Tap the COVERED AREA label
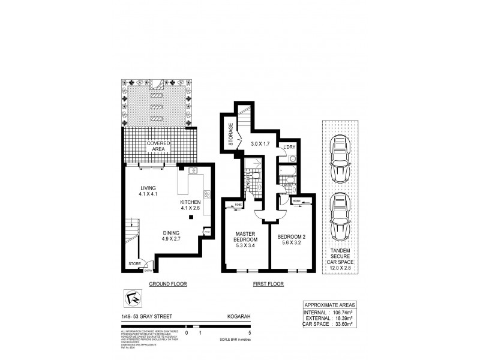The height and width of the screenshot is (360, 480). click(x=158, y=147)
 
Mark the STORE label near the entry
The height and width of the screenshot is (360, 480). click(x=134, y=263)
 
